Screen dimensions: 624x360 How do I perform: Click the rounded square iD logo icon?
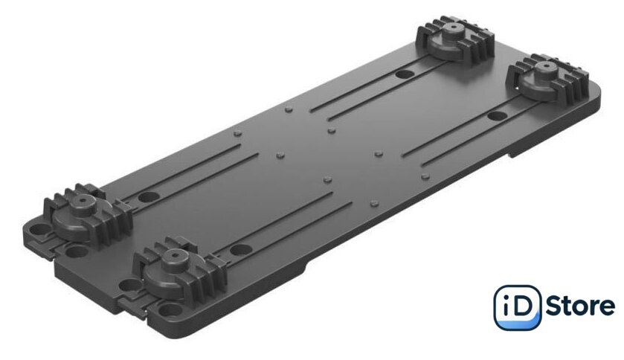pos(518,307)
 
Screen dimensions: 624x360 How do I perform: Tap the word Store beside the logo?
pos(580,306)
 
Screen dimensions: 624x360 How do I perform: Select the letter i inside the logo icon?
pos(504,307)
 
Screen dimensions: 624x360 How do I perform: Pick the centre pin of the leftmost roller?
pos(83,200)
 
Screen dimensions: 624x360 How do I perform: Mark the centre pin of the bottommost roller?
pos(175,254)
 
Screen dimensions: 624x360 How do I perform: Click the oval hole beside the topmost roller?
pos(405,74)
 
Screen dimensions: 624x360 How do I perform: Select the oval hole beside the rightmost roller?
pos(497,116)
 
